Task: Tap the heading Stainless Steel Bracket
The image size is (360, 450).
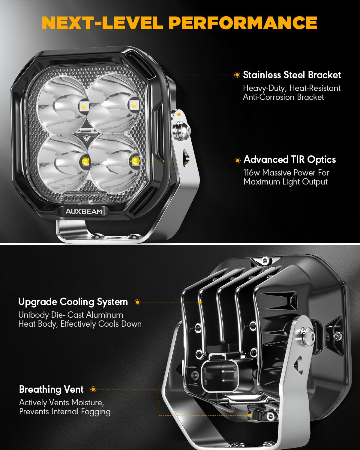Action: [292, 75]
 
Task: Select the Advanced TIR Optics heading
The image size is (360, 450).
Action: [290, 160]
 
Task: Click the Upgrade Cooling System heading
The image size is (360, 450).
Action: [73, 302]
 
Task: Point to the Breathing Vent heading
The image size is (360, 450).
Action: [51, 389]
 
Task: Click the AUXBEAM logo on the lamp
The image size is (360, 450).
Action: [84, 211]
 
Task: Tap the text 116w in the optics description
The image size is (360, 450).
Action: [251, 173]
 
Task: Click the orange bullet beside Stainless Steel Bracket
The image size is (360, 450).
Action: [237, 75]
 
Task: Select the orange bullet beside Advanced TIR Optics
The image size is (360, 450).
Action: [238, 160]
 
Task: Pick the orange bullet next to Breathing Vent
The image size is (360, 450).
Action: [93, 389]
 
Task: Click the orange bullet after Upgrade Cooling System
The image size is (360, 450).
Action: [137, 302]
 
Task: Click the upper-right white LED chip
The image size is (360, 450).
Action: [134, 105]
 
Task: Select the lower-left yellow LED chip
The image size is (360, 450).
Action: [86, 161]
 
